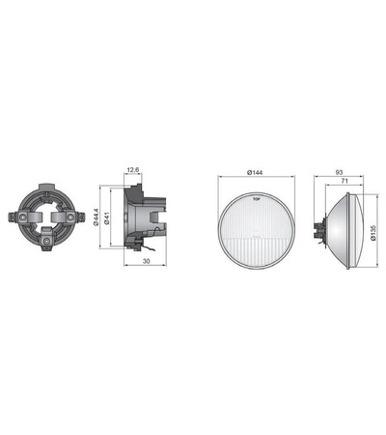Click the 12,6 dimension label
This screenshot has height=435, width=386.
coord(132,170)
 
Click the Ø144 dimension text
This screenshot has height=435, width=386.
coord(257,172)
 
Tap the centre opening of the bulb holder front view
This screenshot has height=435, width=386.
coord(51,218)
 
